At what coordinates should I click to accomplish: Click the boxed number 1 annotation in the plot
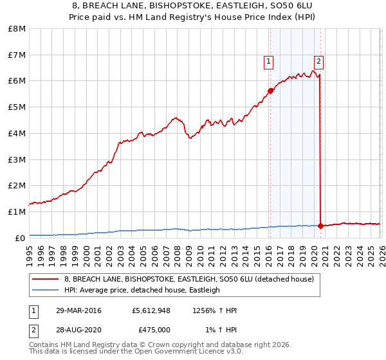268,62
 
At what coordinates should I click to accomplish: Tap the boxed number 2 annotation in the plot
318,62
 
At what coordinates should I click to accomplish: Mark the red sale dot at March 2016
271,91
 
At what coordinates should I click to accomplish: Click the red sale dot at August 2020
320,225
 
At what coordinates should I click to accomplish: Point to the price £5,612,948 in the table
151,310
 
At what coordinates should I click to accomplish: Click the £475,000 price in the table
154,329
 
